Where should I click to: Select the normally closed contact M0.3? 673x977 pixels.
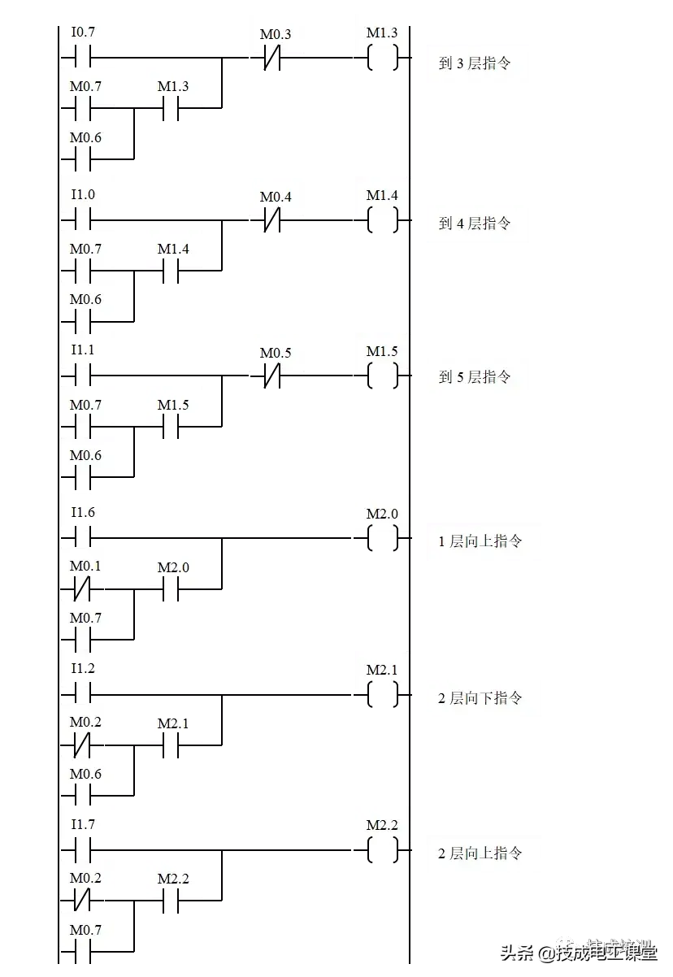click(276, 35)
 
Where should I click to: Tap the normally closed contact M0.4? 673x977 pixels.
click(276, 198)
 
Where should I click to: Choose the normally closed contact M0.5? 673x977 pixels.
click(276, 354)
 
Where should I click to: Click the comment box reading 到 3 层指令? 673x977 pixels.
click(477, 63)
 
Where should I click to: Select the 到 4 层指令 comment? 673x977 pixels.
click(477, 224)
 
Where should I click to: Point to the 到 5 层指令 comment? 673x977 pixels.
click(477, 377)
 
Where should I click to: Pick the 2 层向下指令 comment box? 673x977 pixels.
click(484, 698)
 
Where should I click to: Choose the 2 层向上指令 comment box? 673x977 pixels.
click(484, 854)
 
